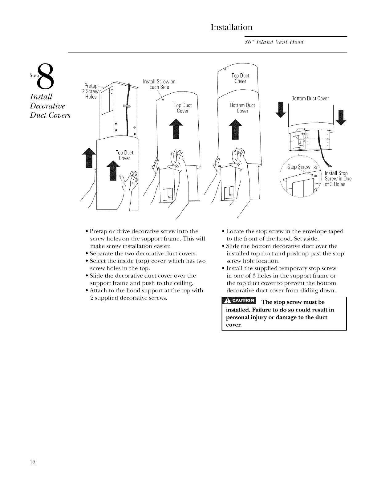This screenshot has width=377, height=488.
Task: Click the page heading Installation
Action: point(232,27)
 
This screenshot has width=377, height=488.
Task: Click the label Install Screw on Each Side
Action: point(159,84)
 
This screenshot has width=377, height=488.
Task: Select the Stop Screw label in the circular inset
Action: point(299,167)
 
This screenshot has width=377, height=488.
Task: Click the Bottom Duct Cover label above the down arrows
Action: point(310,99)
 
